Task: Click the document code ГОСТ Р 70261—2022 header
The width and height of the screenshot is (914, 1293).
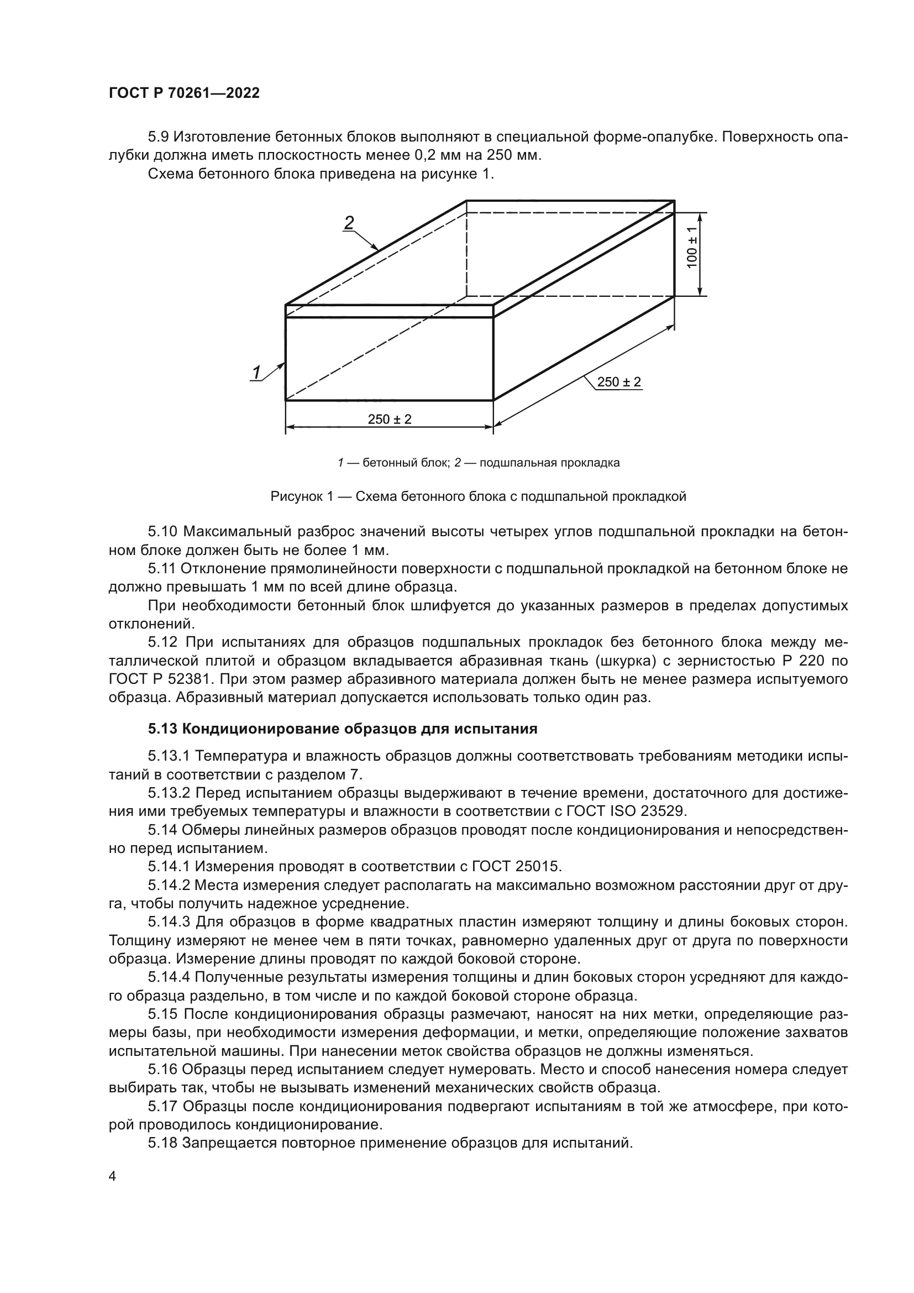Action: (184, 93)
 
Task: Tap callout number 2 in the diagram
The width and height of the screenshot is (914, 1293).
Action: (349, 223)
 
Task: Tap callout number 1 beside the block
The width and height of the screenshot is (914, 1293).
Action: (256, 372)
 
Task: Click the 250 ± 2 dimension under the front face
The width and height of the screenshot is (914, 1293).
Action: (390, 419)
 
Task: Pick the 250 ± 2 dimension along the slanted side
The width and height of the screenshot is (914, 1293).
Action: (618, 382)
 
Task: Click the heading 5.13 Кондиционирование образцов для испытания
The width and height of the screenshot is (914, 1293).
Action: (343, 729)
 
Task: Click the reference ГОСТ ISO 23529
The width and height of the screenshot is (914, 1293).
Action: (638, 812)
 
